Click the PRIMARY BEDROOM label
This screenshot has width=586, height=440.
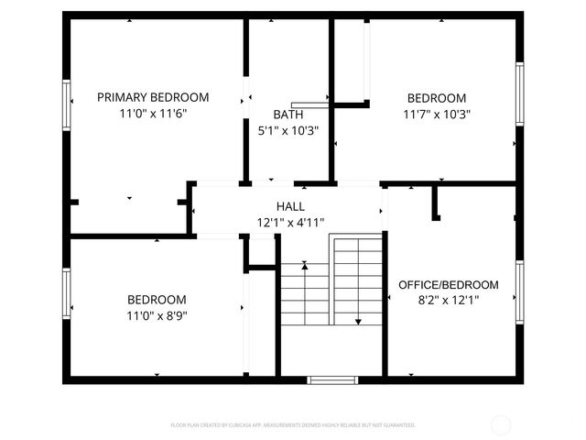153,97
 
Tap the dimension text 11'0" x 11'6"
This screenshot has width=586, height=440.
153,115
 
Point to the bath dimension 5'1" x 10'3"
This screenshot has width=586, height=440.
288,131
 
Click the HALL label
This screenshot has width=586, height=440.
290,206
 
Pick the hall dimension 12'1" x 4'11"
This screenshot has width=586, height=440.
290,223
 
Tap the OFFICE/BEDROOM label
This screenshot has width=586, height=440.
449,285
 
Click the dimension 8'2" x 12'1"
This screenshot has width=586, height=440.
449,300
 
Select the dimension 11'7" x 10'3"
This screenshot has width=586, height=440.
437,115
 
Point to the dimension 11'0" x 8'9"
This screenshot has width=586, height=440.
157,316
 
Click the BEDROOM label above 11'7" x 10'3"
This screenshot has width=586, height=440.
437,98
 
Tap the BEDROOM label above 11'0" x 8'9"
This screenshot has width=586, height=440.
157,300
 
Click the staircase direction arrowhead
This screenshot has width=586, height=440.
358,322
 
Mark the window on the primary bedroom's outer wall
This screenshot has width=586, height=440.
66,104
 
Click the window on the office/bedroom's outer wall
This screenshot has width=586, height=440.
519,290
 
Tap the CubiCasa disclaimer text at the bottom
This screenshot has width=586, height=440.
293,425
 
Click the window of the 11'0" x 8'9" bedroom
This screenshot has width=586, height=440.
66,293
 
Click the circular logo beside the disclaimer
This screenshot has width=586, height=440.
501,424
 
